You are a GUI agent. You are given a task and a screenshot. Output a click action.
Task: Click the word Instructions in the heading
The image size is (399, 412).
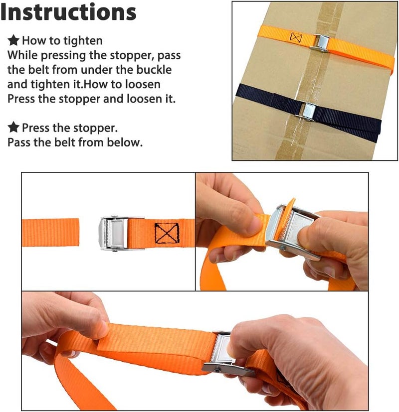[x=68, y=12]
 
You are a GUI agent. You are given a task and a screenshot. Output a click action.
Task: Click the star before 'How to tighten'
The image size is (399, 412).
[x=13, y=40]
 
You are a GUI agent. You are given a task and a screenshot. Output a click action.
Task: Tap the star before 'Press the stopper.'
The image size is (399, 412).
[x=13, y=128]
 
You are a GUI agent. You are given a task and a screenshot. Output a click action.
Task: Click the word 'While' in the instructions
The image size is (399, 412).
[x=22, y=55]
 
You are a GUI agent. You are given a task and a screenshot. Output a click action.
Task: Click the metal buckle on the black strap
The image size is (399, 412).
[x=307, y=111]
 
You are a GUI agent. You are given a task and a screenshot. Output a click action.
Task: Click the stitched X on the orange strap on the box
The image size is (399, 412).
[x=296, y=37]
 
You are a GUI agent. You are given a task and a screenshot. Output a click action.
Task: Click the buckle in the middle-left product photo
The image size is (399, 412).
[x=122, y=233]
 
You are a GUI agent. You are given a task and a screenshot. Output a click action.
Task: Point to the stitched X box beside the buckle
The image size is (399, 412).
[x=167, y=233]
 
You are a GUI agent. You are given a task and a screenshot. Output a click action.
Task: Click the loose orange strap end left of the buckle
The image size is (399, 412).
[x=50, y=233]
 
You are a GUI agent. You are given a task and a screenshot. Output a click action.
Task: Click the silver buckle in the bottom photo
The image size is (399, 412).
[x=227, y=353]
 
